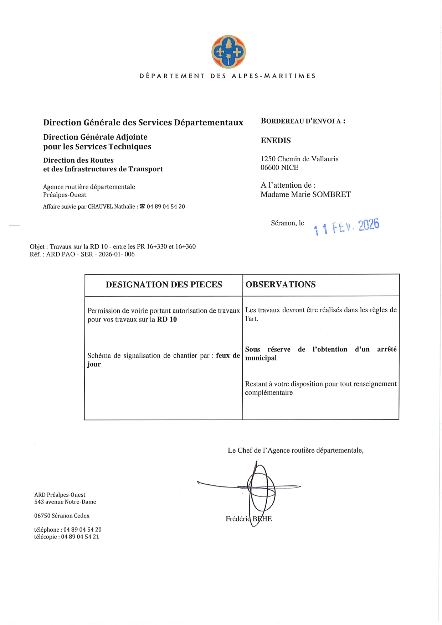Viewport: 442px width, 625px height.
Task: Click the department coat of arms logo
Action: [x=228, y=52]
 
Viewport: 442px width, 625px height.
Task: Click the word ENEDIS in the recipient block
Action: [x=276, y=141]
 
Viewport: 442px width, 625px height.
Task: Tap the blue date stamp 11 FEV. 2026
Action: [x=346, y=226]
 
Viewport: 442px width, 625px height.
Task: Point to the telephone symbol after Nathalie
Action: [x=142, y=207]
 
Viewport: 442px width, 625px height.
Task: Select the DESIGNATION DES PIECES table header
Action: [x=164, y=285]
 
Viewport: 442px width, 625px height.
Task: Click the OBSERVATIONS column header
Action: [x=281, y=285]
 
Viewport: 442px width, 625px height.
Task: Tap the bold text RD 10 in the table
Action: [x=167, y=319]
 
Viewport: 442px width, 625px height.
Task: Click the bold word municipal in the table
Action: [x=261, y=358]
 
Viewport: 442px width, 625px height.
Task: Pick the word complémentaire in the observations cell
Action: [x=269, y=392]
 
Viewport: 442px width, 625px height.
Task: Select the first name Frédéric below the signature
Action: [x=238, y=519]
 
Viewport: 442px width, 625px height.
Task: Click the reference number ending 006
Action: [x=129, y=254]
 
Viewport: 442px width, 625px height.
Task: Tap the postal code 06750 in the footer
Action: [x=42, y=516]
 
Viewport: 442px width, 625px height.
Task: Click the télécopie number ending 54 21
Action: [x=80, y=537]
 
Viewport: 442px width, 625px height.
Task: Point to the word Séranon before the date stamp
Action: [x=283, y=223]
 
